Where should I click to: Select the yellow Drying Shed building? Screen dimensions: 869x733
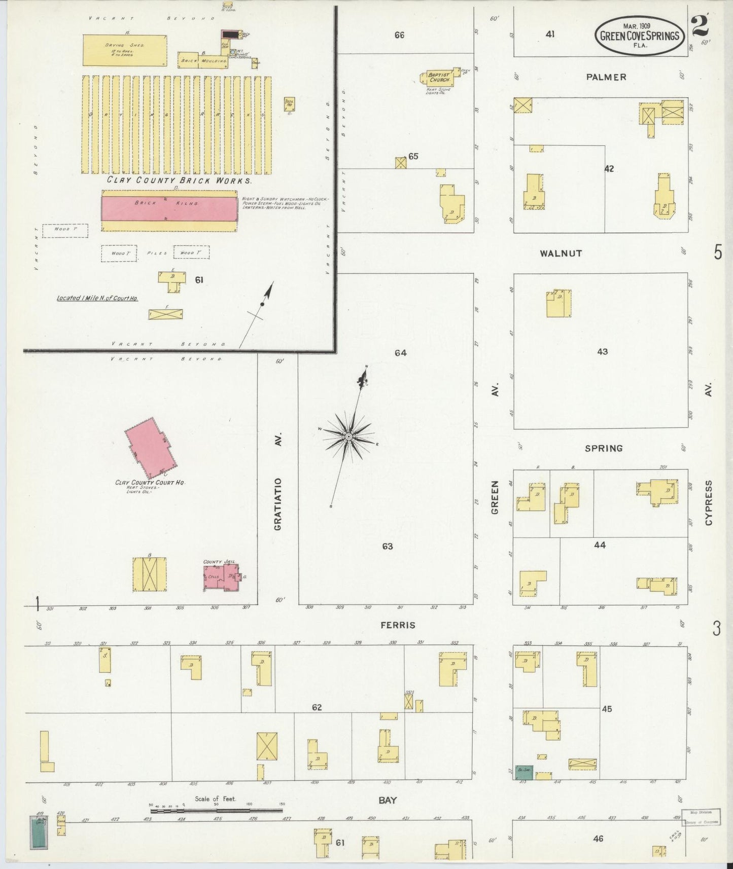tap(125, 50)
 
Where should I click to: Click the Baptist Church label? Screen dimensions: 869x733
tap(437, 77)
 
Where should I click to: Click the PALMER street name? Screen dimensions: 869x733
tap(606, 77)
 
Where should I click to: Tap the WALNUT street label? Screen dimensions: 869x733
tap(561, 253)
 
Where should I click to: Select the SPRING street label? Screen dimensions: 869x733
tap(603, 448)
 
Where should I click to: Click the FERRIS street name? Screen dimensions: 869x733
tap(398, 625)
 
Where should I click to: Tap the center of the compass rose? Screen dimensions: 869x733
tap(348, 437)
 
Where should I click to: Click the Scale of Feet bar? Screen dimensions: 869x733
tap(216, 811)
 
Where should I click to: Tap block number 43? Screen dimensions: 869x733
tap(602, 351)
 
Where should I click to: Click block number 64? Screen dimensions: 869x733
tap(401, 352)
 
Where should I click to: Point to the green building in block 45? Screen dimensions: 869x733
tap(524, 772)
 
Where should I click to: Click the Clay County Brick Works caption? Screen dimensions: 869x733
tap(179, 180)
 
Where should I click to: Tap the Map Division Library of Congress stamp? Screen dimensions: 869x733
tap(702, 818)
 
